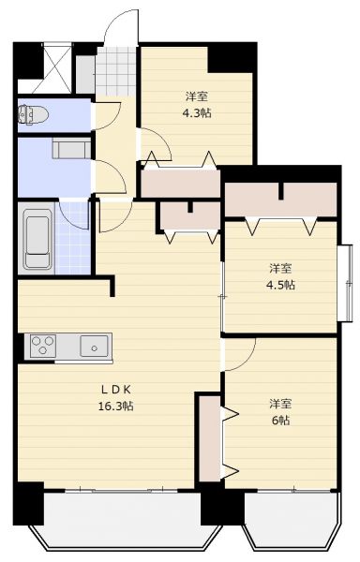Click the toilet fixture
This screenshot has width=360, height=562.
pos(33,114)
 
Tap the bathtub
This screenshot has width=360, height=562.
pos(37,238)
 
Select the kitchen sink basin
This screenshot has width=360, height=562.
pos(94,347)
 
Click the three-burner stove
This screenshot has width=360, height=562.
pos(43,347)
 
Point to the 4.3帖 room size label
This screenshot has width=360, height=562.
pos(197,113)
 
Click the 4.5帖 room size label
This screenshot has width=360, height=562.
pos(280,285)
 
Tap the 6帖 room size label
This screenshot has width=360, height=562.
pos(280,420)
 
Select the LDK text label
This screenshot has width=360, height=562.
pos(116,389)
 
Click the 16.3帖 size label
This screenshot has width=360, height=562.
pos(116,407)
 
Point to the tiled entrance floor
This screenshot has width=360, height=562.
pos(115,71)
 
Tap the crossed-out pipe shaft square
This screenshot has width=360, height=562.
pos(57,68)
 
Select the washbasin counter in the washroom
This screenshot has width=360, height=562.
pos(71,149)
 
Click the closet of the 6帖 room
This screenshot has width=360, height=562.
pos(210,438)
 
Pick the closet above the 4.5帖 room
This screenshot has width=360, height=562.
pos(280,200)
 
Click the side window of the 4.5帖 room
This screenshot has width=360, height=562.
pos(347,283)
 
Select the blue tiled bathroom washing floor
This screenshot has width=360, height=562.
pos(73,238)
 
